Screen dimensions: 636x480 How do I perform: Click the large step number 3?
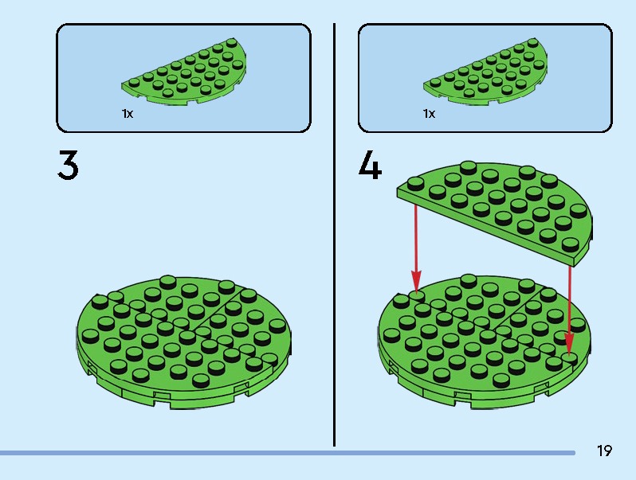[68, 165]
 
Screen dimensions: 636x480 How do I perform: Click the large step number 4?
[370, 165]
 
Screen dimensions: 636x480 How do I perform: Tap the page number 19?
[604, 451]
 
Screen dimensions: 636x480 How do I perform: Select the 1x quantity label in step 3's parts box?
[128, 114]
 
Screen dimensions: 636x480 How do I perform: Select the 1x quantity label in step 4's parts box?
[429, 114]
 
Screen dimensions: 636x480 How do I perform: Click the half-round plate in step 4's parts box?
[486, 73]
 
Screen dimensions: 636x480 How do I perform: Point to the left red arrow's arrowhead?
[416, 281]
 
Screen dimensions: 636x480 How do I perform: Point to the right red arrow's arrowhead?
[570, 345]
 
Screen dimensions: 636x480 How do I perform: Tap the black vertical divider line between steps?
[334, 235]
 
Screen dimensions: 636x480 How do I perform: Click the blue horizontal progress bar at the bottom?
[287, 453]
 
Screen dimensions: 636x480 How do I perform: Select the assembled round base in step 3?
[184, 342]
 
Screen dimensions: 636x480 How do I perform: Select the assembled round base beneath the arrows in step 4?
[485, 342]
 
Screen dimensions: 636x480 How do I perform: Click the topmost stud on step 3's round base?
[168, 282]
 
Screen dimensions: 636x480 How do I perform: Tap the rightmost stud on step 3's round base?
[277, 326]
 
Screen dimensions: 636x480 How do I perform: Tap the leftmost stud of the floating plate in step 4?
[415, 184]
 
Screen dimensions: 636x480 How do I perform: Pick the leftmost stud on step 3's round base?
[90, 335]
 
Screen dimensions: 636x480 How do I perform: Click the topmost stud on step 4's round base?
[469, 280]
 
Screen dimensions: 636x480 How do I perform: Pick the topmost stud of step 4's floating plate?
[469, 167]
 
